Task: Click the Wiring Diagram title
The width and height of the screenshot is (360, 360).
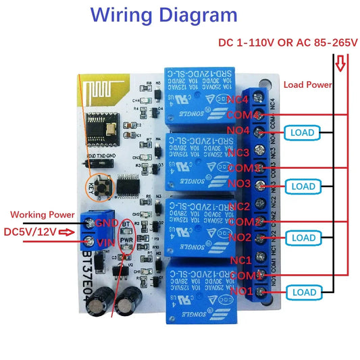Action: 164,15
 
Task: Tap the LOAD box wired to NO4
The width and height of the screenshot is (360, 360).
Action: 301,132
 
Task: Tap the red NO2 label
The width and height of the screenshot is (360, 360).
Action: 239,237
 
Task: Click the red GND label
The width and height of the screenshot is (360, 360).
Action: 107,223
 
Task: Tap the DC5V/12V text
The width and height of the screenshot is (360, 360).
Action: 30,232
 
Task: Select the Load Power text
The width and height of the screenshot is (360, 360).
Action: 307,85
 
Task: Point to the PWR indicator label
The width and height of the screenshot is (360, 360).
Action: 126,238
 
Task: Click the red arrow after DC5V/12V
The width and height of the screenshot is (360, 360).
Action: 66,232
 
